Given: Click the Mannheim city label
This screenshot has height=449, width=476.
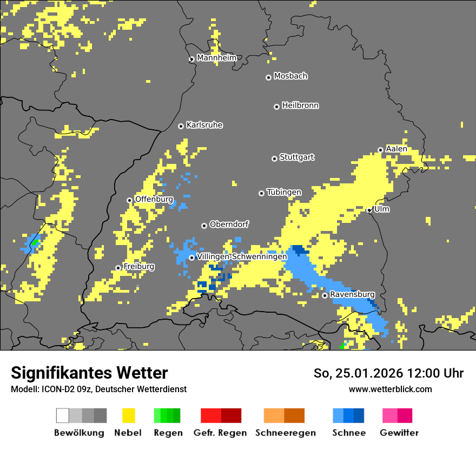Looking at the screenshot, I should pos(217,58).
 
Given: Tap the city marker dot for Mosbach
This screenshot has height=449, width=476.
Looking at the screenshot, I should pos(268,77).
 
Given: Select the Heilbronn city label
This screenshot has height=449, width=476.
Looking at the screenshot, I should pos(300,105).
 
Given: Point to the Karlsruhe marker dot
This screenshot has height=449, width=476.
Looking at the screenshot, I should pos(181,126).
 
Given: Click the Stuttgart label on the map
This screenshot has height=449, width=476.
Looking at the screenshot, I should pos(296,157).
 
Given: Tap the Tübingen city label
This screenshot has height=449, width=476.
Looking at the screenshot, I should pos(284,193).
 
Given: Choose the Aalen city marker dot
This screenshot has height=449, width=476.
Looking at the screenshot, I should pos(381,150).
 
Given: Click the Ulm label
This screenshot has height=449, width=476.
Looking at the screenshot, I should pos(382,209).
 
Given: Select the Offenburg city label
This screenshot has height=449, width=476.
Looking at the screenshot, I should pos(154,199).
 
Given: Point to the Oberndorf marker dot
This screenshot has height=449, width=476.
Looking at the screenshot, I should pos(204,226).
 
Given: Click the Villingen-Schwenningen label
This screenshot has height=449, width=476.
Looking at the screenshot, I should pos(242,256).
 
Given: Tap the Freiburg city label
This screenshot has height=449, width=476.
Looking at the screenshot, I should pos(138,267).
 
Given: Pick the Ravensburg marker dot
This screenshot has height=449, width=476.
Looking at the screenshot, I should pos(325,295).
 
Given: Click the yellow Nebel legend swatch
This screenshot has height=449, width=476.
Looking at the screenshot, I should pos(128,415).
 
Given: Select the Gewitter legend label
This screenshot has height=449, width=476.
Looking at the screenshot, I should pos(399,433).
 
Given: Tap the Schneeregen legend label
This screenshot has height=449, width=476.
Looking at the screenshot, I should pos(285,433).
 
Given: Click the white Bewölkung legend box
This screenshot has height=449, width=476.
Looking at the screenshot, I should pos(63,415).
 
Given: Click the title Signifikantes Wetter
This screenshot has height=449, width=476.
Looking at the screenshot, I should pos(89,373).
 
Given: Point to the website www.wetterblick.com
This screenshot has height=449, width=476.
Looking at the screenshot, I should pos(390,389).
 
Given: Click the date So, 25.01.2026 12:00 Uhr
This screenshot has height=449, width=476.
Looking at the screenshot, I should pos(388,373).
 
